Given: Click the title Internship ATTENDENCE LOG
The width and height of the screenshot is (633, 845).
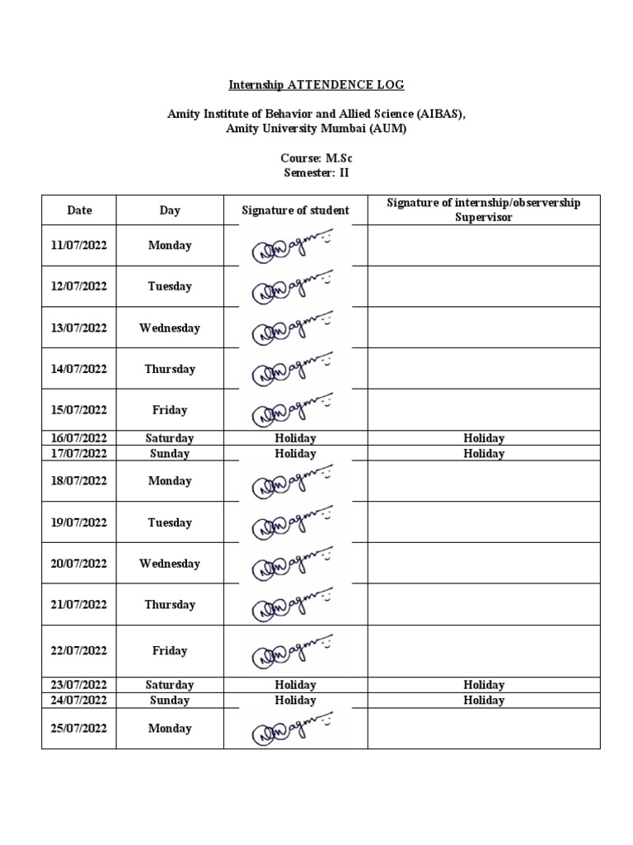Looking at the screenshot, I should tap(316, 85).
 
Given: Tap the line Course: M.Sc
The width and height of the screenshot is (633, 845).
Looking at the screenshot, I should tap(316, 158).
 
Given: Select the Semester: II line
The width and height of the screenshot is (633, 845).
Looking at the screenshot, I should tap(316, 172).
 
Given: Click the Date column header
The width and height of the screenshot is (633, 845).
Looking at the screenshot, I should tap(79, 210).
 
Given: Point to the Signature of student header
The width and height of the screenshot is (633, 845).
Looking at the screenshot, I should tap(295, 210).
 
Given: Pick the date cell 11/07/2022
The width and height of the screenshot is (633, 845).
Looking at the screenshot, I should tap(79, 245).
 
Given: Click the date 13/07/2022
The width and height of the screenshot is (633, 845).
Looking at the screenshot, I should tap(79, 328).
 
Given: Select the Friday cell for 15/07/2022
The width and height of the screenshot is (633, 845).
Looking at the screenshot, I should tap(170, 410).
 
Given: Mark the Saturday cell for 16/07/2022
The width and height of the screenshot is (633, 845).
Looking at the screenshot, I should tap(170, 438).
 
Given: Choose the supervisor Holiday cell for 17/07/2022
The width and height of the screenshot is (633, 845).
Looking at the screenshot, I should tap(484, 454).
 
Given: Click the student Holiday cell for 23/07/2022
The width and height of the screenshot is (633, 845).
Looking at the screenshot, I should tap(295, 685).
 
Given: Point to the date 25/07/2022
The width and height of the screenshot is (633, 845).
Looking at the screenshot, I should tap(79, 729).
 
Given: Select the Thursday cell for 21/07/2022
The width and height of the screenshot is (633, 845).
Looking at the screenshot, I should tap(170, 605).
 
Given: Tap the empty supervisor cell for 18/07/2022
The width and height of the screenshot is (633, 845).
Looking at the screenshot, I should tap(484, 481).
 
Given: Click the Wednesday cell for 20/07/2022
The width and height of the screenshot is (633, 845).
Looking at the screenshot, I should tap(170, 564).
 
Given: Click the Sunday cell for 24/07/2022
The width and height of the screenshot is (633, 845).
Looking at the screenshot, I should tap(170, 701).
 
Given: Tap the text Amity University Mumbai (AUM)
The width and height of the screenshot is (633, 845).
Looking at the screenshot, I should tap(316, 130).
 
